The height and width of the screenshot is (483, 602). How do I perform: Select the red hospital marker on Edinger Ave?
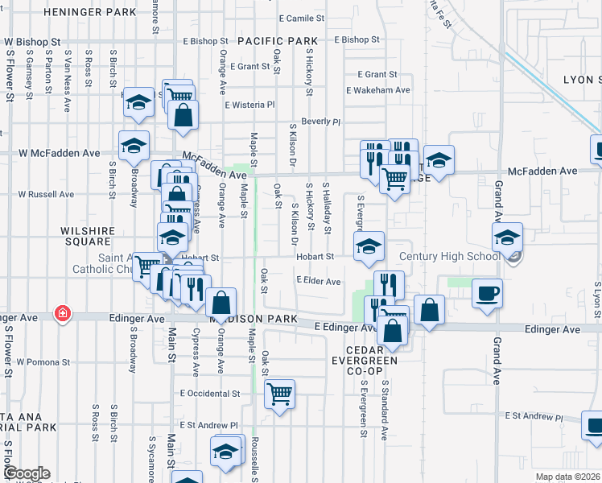[62, 315]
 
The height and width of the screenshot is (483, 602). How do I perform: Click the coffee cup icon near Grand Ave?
[486, 293]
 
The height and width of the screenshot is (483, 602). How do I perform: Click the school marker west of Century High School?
[507, 237]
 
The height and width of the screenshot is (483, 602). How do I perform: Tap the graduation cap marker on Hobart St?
[369, 247]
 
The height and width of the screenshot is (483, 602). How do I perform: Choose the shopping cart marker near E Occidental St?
[279, 394]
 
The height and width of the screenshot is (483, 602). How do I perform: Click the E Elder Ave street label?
[319, 281]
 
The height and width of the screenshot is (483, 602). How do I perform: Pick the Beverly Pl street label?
[321, 122]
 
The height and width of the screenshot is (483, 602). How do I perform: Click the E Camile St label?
[301, 18]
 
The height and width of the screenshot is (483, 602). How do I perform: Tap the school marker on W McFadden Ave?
[134, 146]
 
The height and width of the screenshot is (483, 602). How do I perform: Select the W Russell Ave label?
[46, 194]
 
